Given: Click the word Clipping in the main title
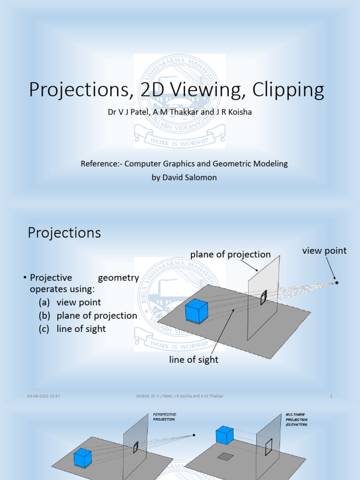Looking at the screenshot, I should click(x=287, y=90).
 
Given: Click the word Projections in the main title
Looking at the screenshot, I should click(x=77, y=90).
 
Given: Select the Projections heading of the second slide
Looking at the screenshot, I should click(x=64, y=233).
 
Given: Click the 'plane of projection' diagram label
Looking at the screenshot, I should click(x=230, y=255).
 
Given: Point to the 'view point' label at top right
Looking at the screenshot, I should click(x=324, y=251).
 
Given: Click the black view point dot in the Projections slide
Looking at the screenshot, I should click(x=336, y=283).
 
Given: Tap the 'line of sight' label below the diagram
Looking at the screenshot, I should click(x=194, y=360).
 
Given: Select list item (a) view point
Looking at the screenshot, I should click(x=70, y=302).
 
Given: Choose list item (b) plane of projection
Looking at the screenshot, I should click(x=88, y=315).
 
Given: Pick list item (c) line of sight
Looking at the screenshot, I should click(x=72, y=329).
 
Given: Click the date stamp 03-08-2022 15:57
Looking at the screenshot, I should click(x=43, y=396).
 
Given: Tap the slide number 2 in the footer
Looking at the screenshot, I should click(x=331, y=396).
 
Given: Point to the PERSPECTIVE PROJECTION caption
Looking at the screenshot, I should click(x=164, y=417).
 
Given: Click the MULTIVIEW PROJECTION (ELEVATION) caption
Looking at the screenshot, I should click(x=296, y=420).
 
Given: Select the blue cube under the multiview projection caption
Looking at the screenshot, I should click(x=225, y=435).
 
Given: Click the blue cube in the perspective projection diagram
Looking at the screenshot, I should click(x=82, y=457).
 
